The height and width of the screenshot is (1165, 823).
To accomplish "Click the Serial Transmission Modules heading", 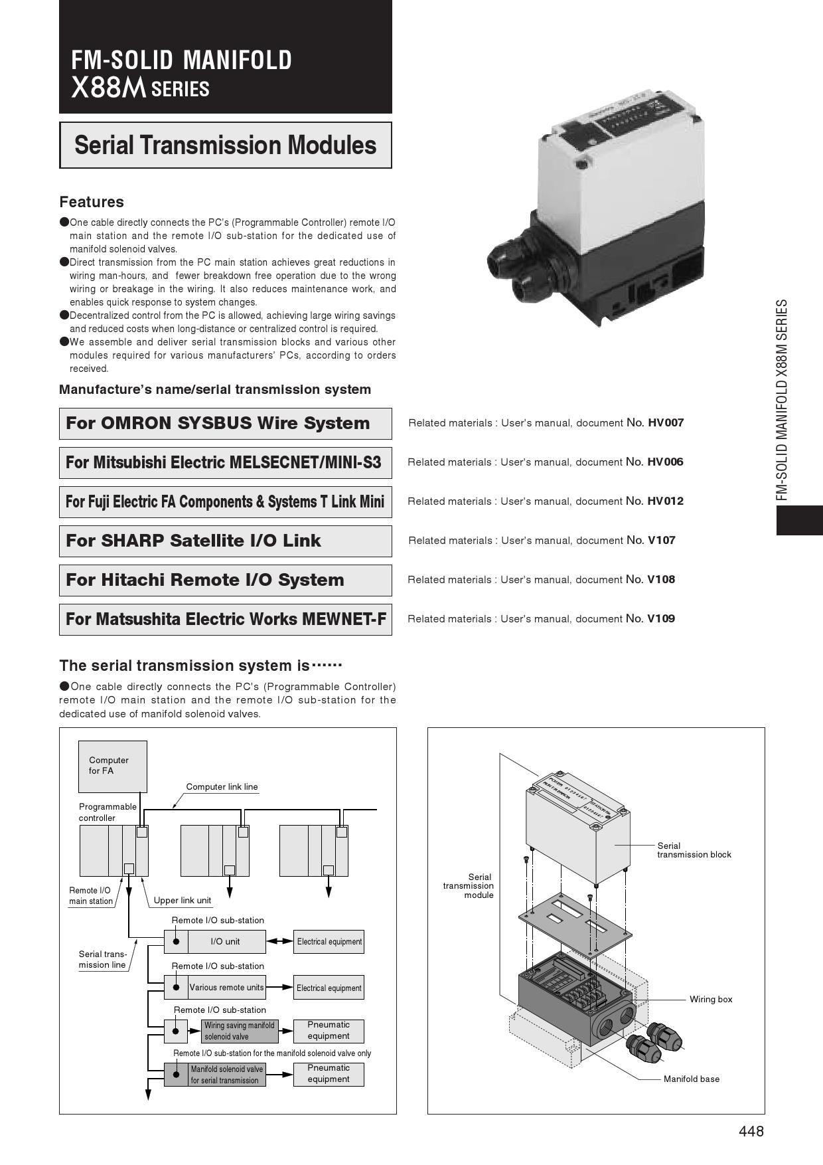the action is point(226,145).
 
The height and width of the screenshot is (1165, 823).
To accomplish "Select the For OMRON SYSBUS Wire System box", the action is point(226,423).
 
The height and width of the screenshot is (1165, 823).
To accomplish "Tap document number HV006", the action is point(665,462).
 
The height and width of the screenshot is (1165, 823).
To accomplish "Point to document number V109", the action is point(661,618).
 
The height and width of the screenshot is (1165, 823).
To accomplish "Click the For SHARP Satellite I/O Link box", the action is point(226,541).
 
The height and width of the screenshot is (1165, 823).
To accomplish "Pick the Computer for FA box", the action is point(113,766).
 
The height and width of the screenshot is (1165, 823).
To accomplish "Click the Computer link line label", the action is point(222,787).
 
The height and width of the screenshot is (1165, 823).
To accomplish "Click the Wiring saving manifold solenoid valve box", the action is point(240,1031).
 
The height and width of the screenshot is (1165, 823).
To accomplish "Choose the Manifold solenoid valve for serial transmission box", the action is point(227,1075).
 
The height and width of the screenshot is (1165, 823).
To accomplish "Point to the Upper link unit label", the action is point(183,901).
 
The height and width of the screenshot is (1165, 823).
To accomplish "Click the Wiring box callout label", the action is point(711,999).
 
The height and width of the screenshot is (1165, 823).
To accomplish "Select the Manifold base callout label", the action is point(692,1079).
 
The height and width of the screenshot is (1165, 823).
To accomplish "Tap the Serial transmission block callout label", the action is point(694,850).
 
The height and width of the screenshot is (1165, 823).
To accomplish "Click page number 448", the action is point(751,1131).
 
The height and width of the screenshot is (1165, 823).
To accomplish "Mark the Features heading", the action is point(92,202).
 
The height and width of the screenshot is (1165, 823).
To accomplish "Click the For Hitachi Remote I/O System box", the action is point(226,580).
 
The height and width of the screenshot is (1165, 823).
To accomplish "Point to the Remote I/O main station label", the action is point(91,896).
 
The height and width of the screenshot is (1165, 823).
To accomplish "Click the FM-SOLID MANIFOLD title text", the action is point(181,60).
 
